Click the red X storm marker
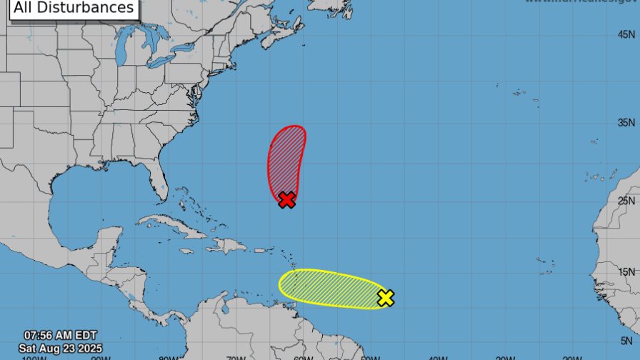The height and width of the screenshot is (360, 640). (x=286, y=200)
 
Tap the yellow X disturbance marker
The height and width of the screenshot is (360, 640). (x=385, y=298)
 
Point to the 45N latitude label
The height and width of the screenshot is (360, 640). (x=627, y=34)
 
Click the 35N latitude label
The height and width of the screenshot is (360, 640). (x=627, y=123)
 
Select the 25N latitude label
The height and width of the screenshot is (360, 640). (x=627, y=201)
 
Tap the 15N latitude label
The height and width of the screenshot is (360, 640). (x=627, y=271)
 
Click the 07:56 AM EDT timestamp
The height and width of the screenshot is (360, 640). (x=60, y=335)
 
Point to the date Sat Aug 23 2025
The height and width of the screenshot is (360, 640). (x=60, y=346)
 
